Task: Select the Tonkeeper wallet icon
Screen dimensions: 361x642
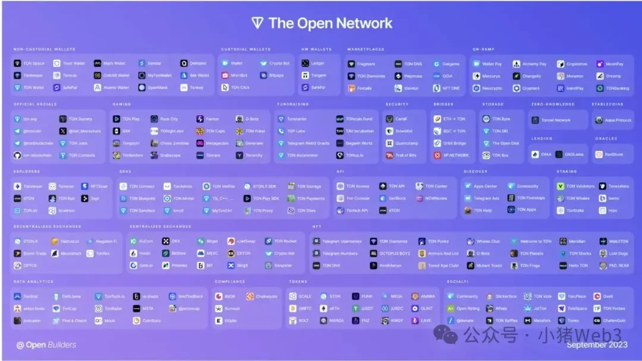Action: click(x=18, y=75)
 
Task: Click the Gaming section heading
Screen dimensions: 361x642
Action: click(x=121, y=104)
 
